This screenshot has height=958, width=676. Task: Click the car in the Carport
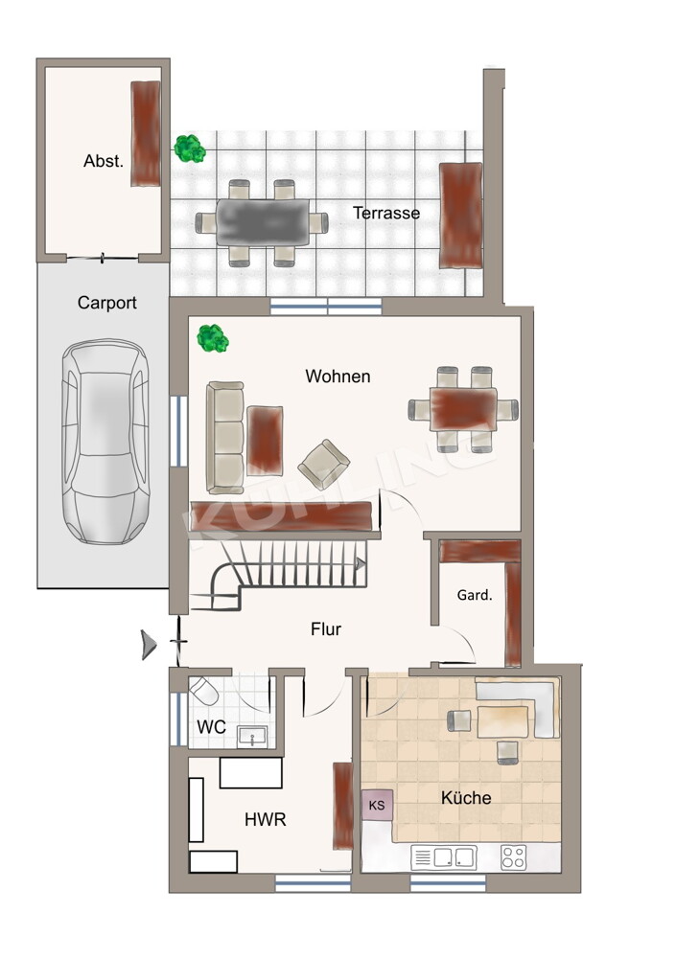105,442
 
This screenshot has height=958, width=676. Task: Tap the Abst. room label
104,161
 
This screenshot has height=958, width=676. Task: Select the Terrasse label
386,214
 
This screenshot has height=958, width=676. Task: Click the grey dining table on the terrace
263,222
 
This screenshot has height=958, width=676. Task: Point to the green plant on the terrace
189,148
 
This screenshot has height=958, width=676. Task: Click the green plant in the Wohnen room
212,338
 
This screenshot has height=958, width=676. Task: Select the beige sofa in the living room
225,438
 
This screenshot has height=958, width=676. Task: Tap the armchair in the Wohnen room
324,465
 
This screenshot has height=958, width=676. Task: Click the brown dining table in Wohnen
463,409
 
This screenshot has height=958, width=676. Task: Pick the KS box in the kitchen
377,806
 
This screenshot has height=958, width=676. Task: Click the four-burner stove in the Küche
513,857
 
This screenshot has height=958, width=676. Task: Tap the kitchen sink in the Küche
444,857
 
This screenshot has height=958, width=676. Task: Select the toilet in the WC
203,694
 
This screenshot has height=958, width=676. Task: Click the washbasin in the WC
252,737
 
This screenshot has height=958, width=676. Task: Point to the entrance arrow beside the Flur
149,645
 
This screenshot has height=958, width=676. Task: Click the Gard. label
475,595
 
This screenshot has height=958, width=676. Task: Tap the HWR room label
266,820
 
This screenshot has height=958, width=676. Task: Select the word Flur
325,629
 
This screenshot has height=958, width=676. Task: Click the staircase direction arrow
361,564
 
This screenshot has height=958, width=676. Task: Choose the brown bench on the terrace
460,215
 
